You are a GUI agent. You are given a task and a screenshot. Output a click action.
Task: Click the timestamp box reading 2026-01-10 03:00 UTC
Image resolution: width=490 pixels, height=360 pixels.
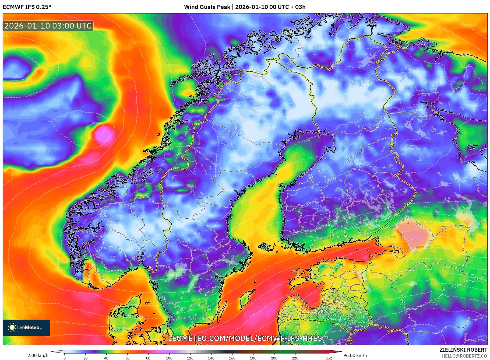click(x=48, y=26)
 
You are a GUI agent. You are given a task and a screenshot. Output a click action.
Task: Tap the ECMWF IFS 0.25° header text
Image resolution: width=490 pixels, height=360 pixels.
click(x=27, y=7)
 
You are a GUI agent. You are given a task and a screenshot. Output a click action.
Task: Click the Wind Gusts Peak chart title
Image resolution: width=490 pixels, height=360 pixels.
click(x=245, y=7)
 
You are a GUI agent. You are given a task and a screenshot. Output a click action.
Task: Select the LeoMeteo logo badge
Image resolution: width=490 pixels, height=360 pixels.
click(x=26, y=327)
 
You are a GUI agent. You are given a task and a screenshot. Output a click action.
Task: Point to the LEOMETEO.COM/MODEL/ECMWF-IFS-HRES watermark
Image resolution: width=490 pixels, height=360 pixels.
click(x=245, y=338)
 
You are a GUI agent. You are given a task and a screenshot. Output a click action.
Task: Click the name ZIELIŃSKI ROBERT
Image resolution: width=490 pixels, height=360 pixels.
click(x=463, y=350)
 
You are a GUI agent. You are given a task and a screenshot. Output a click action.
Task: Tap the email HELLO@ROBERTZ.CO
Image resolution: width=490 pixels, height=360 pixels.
click(x=464, y=356)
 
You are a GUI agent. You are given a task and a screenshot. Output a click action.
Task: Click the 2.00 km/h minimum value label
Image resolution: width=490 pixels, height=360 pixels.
click(x=38, y=355)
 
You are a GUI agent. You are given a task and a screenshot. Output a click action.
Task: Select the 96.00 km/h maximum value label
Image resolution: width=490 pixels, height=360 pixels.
click(x=355, y=355)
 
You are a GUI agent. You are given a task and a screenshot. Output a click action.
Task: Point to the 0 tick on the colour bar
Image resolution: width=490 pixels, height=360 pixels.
click(x=65, y=358)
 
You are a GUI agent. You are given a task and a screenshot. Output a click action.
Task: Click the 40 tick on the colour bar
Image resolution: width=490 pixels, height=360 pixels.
click(x=106, y=358)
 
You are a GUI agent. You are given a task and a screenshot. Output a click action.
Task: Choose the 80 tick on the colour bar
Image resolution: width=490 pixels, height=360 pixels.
click(x=148, y=358)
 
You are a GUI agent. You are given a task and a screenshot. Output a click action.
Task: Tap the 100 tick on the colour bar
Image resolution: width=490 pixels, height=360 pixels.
click(x=169, y=358)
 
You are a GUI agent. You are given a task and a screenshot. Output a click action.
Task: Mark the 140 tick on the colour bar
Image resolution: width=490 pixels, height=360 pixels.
click(x=211, y=358)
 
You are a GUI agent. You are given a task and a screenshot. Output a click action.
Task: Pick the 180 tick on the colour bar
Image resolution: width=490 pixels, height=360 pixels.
click(x=253, y=358)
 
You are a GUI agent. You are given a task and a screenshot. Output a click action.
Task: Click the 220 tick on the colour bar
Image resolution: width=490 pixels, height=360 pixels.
click(x=295, y=358)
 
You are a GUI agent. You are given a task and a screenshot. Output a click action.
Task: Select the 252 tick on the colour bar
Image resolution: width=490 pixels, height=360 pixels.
click(x=329, y=358)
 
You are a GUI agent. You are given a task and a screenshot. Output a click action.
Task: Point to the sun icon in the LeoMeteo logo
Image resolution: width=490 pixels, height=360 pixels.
click(x=12, y=327)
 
